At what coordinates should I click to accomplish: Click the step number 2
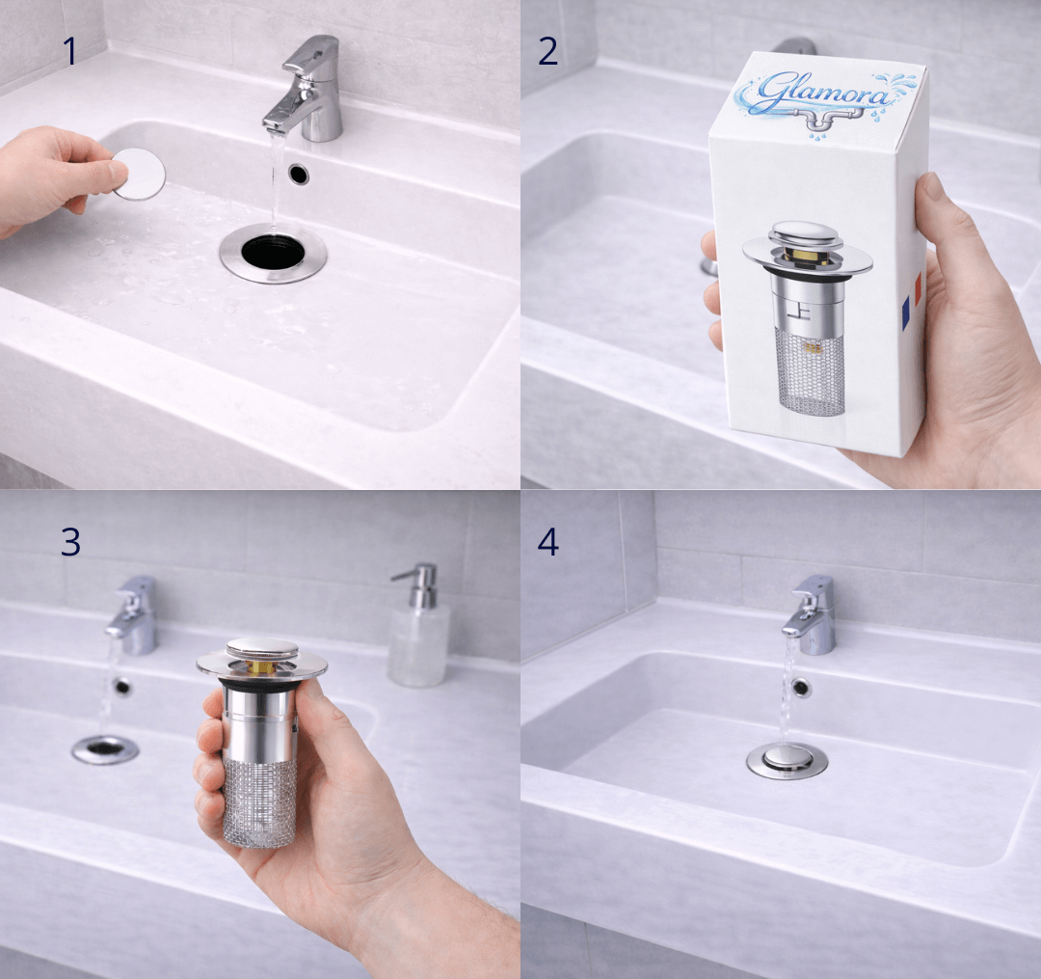pos(547,51)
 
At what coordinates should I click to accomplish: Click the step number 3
pos(70,542)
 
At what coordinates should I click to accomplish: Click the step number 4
pos(547,542)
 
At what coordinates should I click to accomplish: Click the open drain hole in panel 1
pos(273,251)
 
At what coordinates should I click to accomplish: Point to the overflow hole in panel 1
pos(299,174)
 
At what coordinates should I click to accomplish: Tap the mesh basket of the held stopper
pos(259,803)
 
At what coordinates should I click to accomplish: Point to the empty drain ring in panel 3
pos(105,749)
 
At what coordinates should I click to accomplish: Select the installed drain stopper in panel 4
pos(787,759)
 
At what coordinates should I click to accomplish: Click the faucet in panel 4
pos(810,614)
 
